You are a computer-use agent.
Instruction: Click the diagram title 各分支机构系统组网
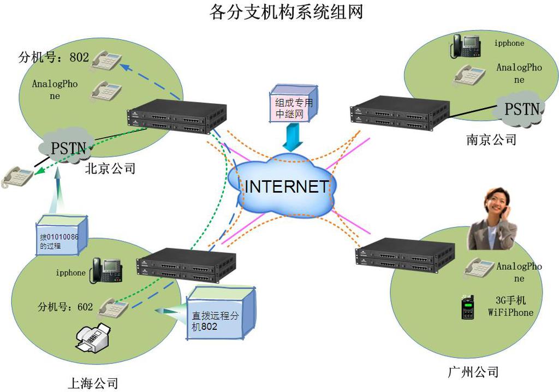coord(286,12)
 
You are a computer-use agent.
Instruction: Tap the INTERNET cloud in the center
coord(286,186)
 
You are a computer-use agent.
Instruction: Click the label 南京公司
coord(491,140)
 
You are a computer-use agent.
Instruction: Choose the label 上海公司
coord(93,383)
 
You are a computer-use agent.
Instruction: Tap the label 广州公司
coord(472,372)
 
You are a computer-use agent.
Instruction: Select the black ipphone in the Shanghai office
coord(106,270)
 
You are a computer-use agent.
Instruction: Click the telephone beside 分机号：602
coord(112,308)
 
